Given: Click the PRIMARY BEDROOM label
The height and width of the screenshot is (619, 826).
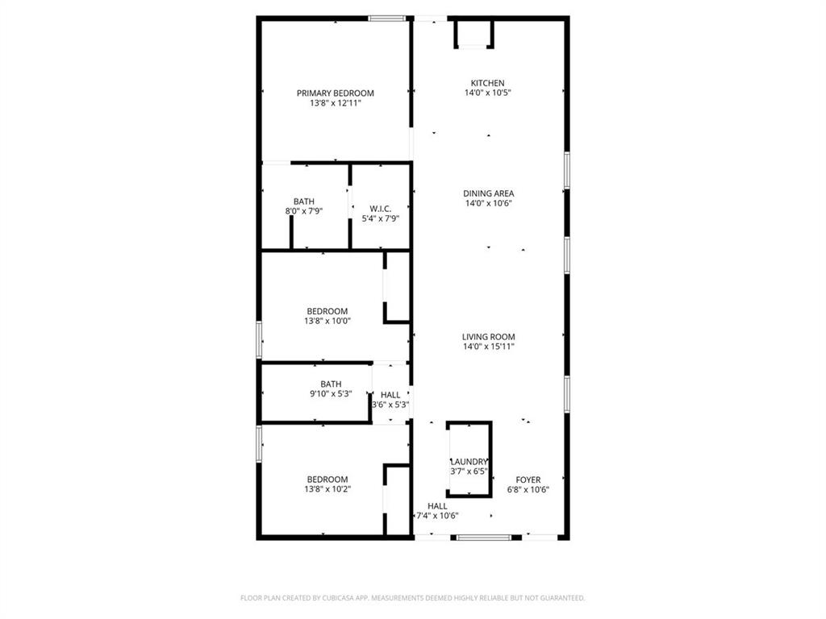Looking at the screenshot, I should coord(335,93).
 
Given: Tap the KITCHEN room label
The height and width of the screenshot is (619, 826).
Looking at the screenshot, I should coord(487,83).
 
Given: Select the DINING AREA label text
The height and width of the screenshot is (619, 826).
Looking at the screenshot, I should coord(488,193).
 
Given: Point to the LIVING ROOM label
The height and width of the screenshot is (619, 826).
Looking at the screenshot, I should coord(488,337).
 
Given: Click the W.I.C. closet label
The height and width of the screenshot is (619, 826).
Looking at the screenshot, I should coord(381,208).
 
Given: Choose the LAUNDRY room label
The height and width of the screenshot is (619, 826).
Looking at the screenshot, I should coord(469,461).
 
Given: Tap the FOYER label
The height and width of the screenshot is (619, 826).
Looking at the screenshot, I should coord(528,480).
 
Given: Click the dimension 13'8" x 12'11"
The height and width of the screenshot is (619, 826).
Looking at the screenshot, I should coord(335,103).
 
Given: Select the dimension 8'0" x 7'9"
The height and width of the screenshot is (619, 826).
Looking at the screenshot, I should coord(304,211).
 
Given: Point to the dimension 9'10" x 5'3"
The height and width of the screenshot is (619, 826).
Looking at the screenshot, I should coord(331,394).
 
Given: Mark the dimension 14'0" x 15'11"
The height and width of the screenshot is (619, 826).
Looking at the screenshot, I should coord(488,347).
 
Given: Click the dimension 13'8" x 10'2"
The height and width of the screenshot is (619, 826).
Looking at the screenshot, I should coord(327,489).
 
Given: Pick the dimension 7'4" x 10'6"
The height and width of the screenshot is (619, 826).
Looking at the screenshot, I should coord(437,516).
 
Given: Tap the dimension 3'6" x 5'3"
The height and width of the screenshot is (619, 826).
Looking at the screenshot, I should coord(390,405).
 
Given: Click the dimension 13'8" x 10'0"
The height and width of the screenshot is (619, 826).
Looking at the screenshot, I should coord(327,321).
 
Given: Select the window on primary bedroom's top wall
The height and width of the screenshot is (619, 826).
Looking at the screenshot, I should coord(387,18).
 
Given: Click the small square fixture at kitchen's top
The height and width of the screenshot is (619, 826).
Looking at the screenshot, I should coord(474,34).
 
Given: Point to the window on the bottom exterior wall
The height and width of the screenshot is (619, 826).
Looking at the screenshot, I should coord(484,537).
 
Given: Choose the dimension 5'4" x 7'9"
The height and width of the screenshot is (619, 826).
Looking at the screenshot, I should coord(381,218).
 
